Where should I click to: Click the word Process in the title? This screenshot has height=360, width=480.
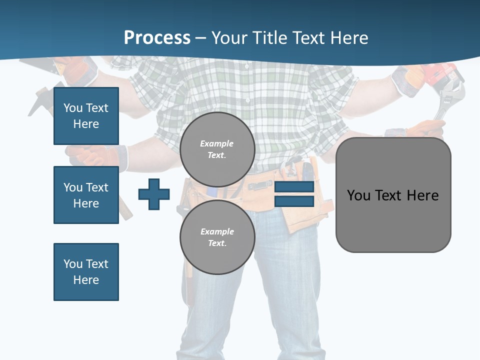157,37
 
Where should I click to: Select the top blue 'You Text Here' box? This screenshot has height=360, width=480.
86,116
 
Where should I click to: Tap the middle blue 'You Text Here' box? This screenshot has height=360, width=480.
86,195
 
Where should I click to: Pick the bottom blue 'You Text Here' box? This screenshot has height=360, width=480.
86,272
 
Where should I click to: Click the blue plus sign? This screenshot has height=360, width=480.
154,194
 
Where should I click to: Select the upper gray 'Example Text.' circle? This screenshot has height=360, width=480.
217,149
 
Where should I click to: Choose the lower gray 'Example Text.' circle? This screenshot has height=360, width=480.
217,237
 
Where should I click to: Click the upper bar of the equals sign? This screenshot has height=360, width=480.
294,187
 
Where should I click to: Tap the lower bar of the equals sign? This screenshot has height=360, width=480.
294,201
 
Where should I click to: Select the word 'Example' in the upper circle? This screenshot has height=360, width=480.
217,143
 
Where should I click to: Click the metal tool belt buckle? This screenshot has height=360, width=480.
260,186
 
